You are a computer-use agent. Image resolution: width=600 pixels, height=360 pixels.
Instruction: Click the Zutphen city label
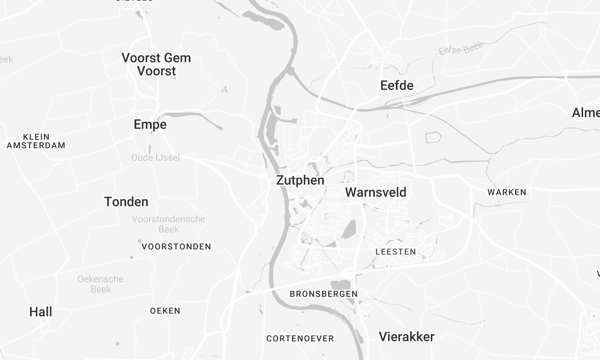299,182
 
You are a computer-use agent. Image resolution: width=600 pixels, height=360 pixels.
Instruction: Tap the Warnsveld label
375,191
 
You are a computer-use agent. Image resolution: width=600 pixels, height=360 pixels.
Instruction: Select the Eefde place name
397,86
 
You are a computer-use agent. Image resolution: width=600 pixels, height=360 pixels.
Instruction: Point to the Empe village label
150,125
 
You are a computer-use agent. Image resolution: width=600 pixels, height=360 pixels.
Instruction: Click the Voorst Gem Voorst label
156,65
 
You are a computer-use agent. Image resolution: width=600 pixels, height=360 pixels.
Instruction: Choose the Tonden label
126,202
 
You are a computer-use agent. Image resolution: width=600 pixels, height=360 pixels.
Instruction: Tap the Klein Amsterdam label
36,140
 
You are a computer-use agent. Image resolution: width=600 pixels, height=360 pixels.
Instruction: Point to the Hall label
41,312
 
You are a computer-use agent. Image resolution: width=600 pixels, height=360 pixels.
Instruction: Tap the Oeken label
165,311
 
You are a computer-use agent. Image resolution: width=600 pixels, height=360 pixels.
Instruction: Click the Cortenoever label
299,338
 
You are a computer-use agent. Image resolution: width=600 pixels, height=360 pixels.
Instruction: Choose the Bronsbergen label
323,294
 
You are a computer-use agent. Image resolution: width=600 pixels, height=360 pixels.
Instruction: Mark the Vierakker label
407,337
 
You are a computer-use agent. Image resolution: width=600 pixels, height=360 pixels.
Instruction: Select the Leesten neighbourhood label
393,252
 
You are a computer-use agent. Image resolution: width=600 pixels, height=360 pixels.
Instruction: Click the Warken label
506,191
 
